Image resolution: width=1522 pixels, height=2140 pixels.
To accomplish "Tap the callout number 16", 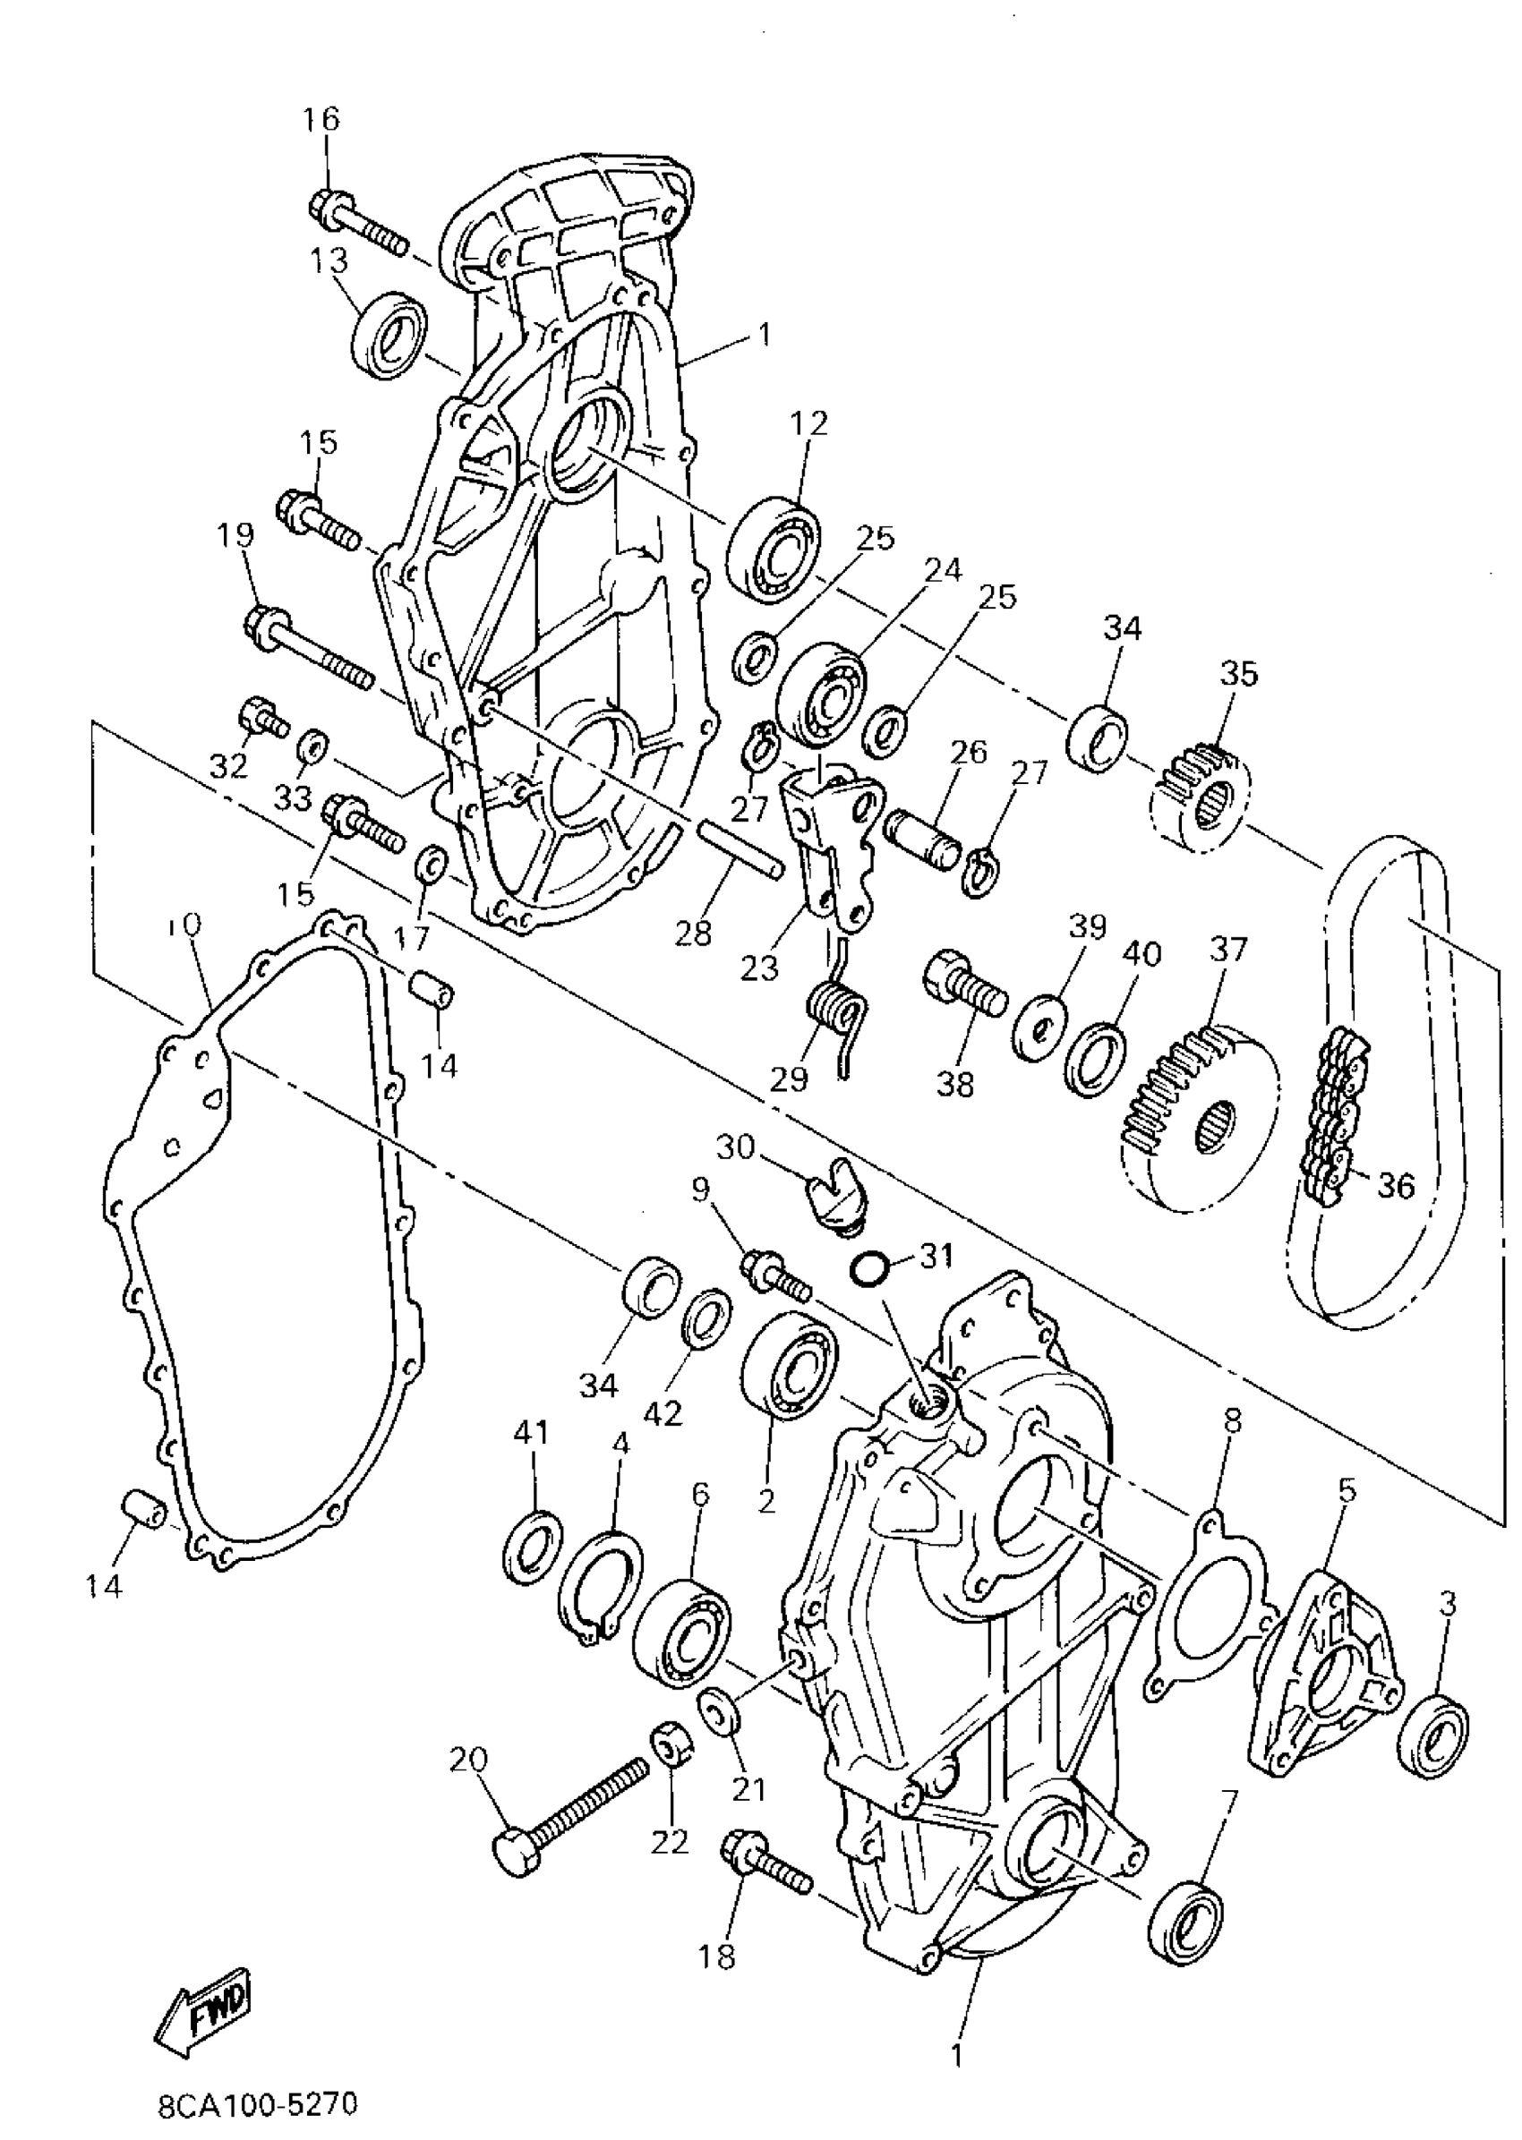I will (321, 120).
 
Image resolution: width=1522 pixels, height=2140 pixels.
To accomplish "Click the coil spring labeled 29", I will (837, 1016).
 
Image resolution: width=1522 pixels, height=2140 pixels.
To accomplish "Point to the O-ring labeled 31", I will (868, 1269).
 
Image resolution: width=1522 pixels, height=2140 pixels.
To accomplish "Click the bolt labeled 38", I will (964, 993).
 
